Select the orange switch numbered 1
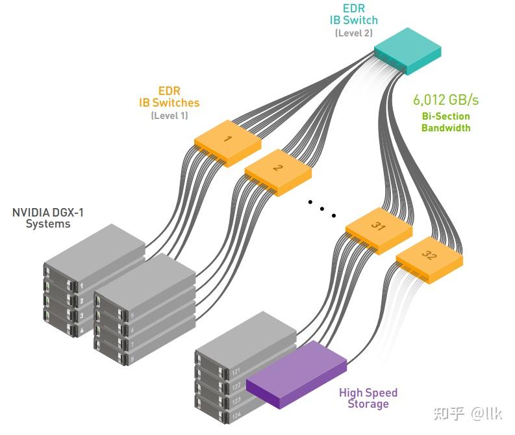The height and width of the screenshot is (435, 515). pyautogui.click(x=227, y=140)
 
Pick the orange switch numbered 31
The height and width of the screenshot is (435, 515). pyautogui.click(x=379, y=228)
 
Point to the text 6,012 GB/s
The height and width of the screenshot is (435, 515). pyautogui.click(x=446, y=100)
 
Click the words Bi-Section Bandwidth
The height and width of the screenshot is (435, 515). pyautogui.click(x=446, y=122)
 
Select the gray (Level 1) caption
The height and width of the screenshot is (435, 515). pyautogui.click(x=169, y=115)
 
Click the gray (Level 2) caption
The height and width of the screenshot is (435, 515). pyautogui.click(x=354, y=33)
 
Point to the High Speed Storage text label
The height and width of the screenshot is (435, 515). pyautogui.click(x=368, y=398)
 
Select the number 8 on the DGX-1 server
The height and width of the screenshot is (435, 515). pyautogui.click(x=132, y=359)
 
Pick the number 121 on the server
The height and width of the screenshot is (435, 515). pyautogui.click(x=237, y=373)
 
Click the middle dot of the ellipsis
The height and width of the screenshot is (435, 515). pyautogui.click(x=321, y=209)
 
